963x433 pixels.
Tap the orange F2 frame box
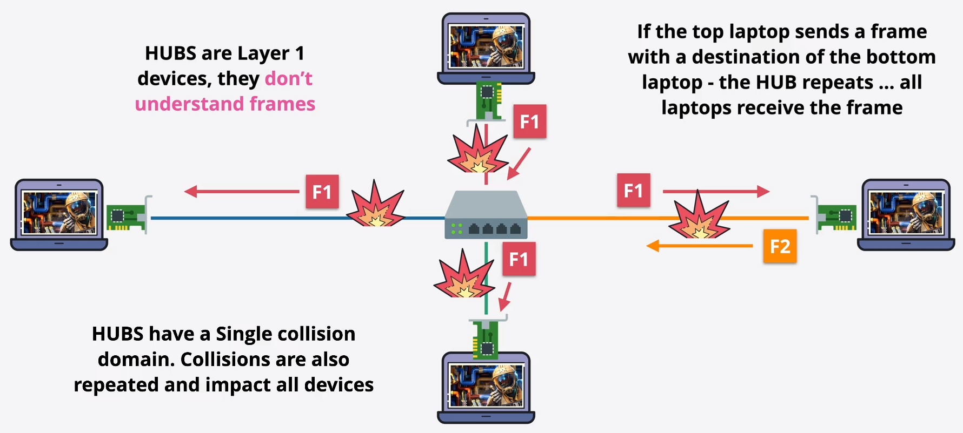click(x=780, y=246)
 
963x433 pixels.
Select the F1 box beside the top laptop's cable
click(x=529, y=121)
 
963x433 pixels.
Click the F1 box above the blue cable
click(x=322, y=192)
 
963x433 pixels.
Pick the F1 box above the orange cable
click(x=633, y=190)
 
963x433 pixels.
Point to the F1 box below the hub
click(x=519, y=259)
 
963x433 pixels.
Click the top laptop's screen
click(x=486, y=46)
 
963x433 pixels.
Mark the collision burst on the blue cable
click(x=376, y=207)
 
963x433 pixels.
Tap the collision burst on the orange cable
click(x=699, y=216)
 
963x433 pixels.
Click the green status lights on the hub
click(x=457, y=228)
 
